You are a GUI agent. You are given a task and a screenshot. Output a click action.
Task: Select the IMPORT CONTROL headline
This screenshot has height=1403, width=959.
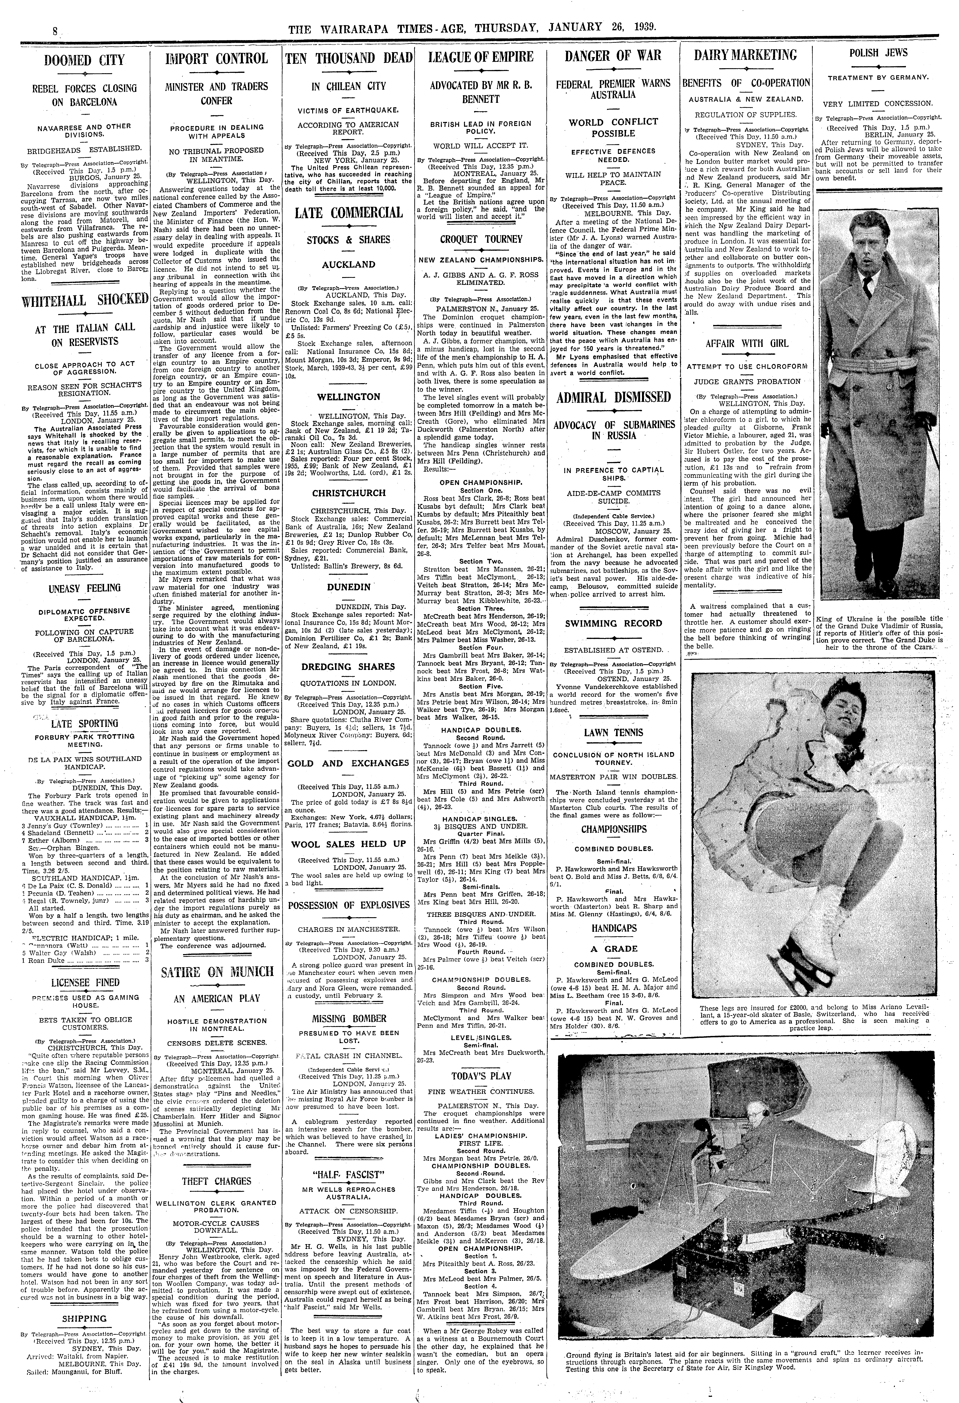[216, 58]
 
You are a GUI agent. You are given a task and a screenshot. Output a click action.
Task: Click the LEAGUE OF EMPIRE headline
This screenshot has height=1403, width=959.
[481, 57]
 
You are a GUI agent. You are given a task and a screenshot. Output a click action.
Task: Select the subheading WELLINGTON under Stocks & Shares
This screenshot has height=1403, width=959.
[349, 397]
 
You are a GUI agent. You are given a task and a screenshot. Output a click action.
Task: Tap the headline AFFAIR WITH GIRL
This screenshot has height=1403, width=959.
[746, 343]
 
